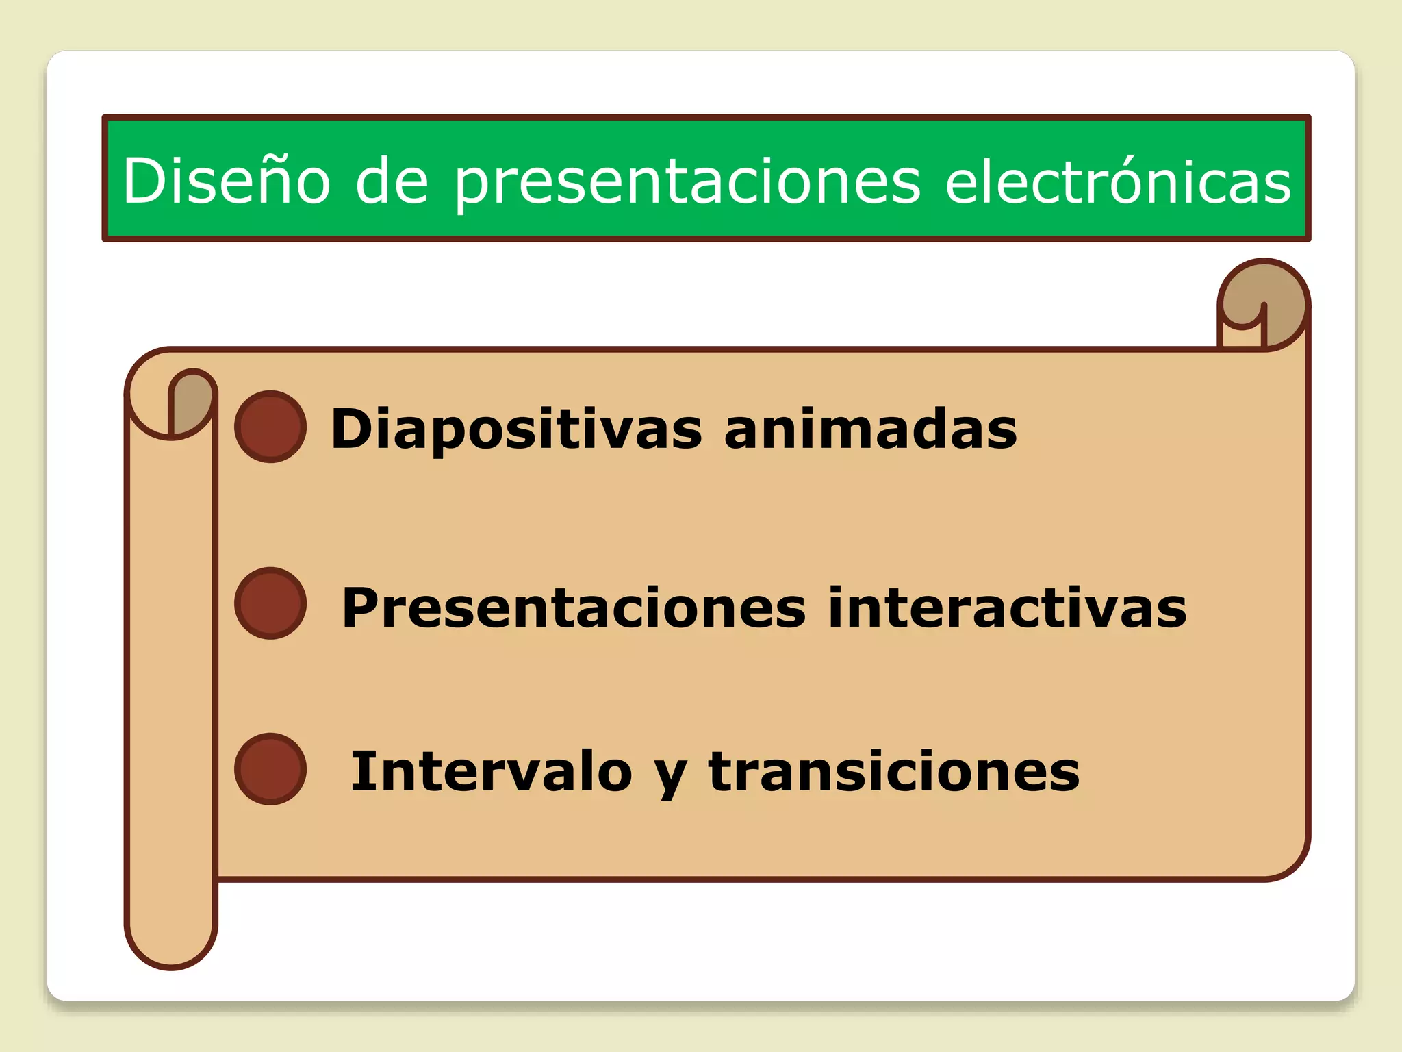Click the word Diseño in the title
pos(226,181)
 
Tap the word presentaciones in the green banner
pos(687,182)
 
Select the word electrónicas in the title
pos(1117,181)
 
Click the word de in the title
pos(392,181)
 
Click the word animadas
pos(870,429)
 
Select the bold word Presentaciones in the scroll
pos(574,608)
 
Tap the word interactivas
pos(1006,608)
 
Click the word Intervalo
pos(491,771)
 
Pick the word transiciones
pos(893,771)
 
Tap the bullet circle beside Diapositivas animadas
pos(270,427)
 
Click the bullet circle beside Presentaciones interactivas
pos(270,603)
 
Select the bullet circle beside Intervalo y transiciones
pos(270,769)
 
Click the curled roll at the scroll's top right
pos(1264,301)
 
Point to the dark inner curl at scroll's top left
pos(192,401)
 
